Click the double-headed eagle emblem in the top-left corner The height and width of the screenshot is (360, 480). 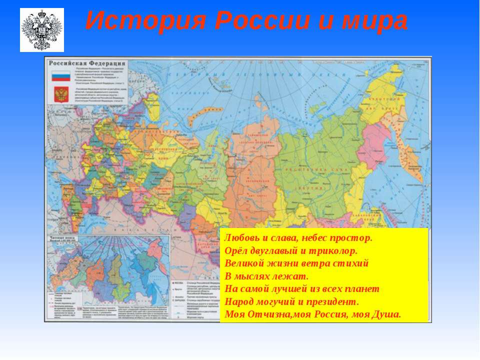pos(42,29)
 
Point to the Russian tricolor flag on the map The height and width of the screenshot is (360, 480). pos(61,76)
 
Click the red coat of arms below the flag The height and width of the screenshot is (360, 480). pos(61,93)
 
